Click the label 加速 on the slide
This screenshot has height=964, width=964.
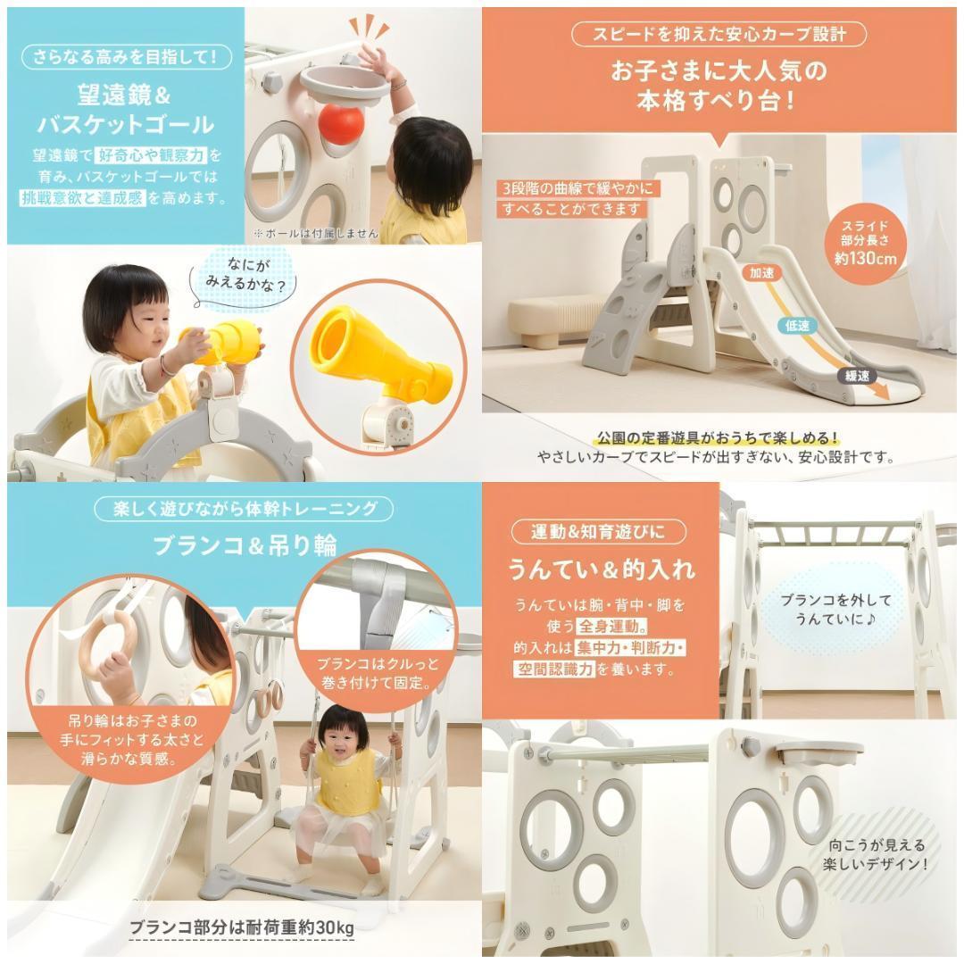[761, 274]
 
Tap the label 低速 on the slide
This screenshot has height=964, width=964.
[797, 326]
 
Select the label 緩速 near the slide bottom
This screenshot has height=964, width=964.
[857, 377]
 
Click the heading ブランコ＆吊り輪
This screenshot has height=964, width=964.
[244, 545]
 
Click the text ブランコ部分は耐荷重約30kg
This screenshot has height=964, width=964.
[242, 927]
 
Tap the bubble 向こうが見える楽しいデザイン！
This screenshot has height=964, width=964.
[878, 854]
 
